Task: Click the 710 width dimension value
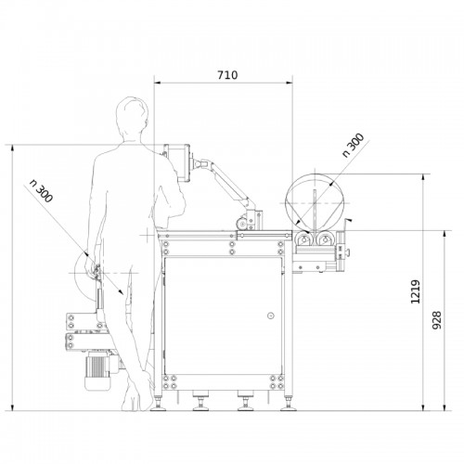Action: point(227,75)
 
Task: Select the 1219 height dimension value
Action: point(416,291)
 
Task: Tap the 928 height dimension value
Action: point(436,320)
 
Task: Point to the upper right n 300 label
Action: point(353,145)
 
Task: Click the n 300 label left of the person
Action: point(41,191)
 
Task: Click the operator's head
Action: point(132,119)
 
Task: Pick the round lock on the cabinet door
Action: point(271,316)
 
